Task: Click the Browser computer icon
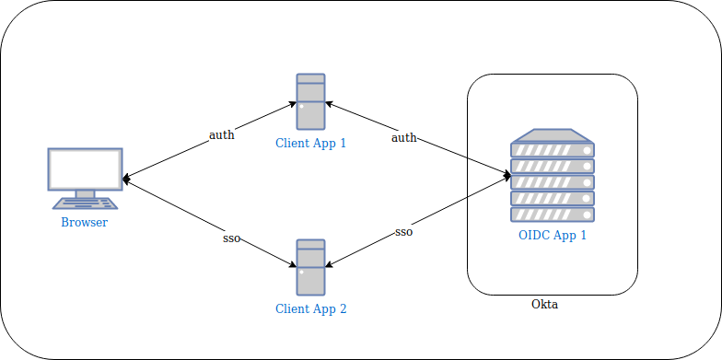pyautogui.click(x=85, y=179)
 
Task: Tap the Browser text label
pyautogui.click(x=85, y=223)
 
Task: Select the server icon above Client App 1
pyautogui.click(x=311, y=101)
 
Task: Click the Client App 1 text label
pyautogui.click(x=311, y=143)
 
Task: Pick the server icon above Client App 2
pyautogui.click(x=311, y=267)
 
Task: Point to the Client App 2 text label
pyautogui.click(x=311, y=308)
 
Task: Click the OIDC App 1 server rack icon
pyautogui.click(x=553, y=175)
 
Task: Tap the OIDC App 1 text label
pyautogui.click(x=553, y=236)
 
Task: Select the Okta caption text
pyautogui.click(x=545, y=304)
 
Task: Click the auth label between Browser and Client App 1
pyautogui.click(x=221, y=135)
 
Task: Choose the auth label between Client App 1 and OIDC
pyautogui.click(x=403, y=137)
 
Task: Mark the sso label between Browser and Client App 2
pyautogui.click(x=232, y=239)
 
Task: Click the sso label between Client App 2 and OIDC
pyautogui.click(x=403, y=232)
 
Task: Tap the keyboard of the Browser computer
pyautogui.click(x=85, y=203)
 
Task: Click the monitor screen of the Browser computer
pyautogui.click(x=85, y=169)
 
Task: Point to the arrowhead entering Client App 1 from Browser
pyautogui.click(x=293, y=103)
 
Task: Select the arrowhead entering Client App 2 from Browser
pyautogui.click(x=293, y=265)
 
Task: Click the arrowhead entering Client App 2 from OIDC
pyautogui.click(x=329, y=264)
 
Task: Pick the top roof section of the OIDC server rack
pyautogui.click(x=553, y=136)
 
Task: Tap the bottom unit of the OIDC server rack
pyautogui.click(x=553, y=215)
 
